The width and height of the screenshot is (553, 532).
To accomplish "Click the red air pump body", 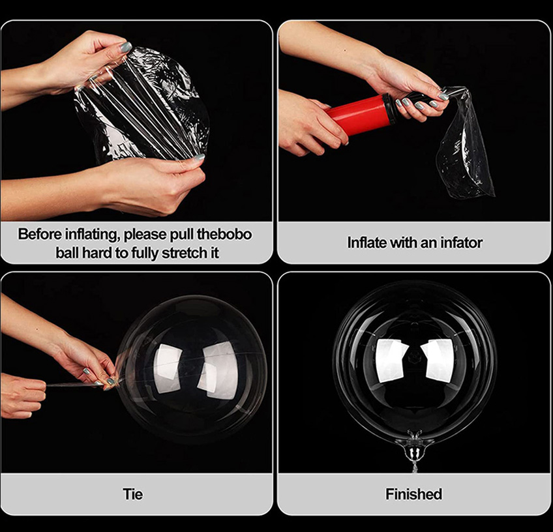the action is click(360, 114).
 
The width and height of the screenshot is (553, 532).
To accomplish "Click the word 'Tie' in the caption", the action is click(133, 494).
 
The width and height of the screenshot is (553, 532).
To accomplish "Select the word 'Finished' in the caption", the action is click(413, 494).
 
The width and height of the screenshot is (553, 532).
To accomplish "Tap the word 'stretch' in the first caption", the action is click(181, 253).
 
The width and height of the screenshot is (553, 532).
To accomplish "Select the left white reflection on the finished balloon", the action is click(391, 361).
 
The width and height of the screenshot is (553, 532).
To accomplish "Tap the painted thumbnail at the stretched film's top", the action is click(126, 47).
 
